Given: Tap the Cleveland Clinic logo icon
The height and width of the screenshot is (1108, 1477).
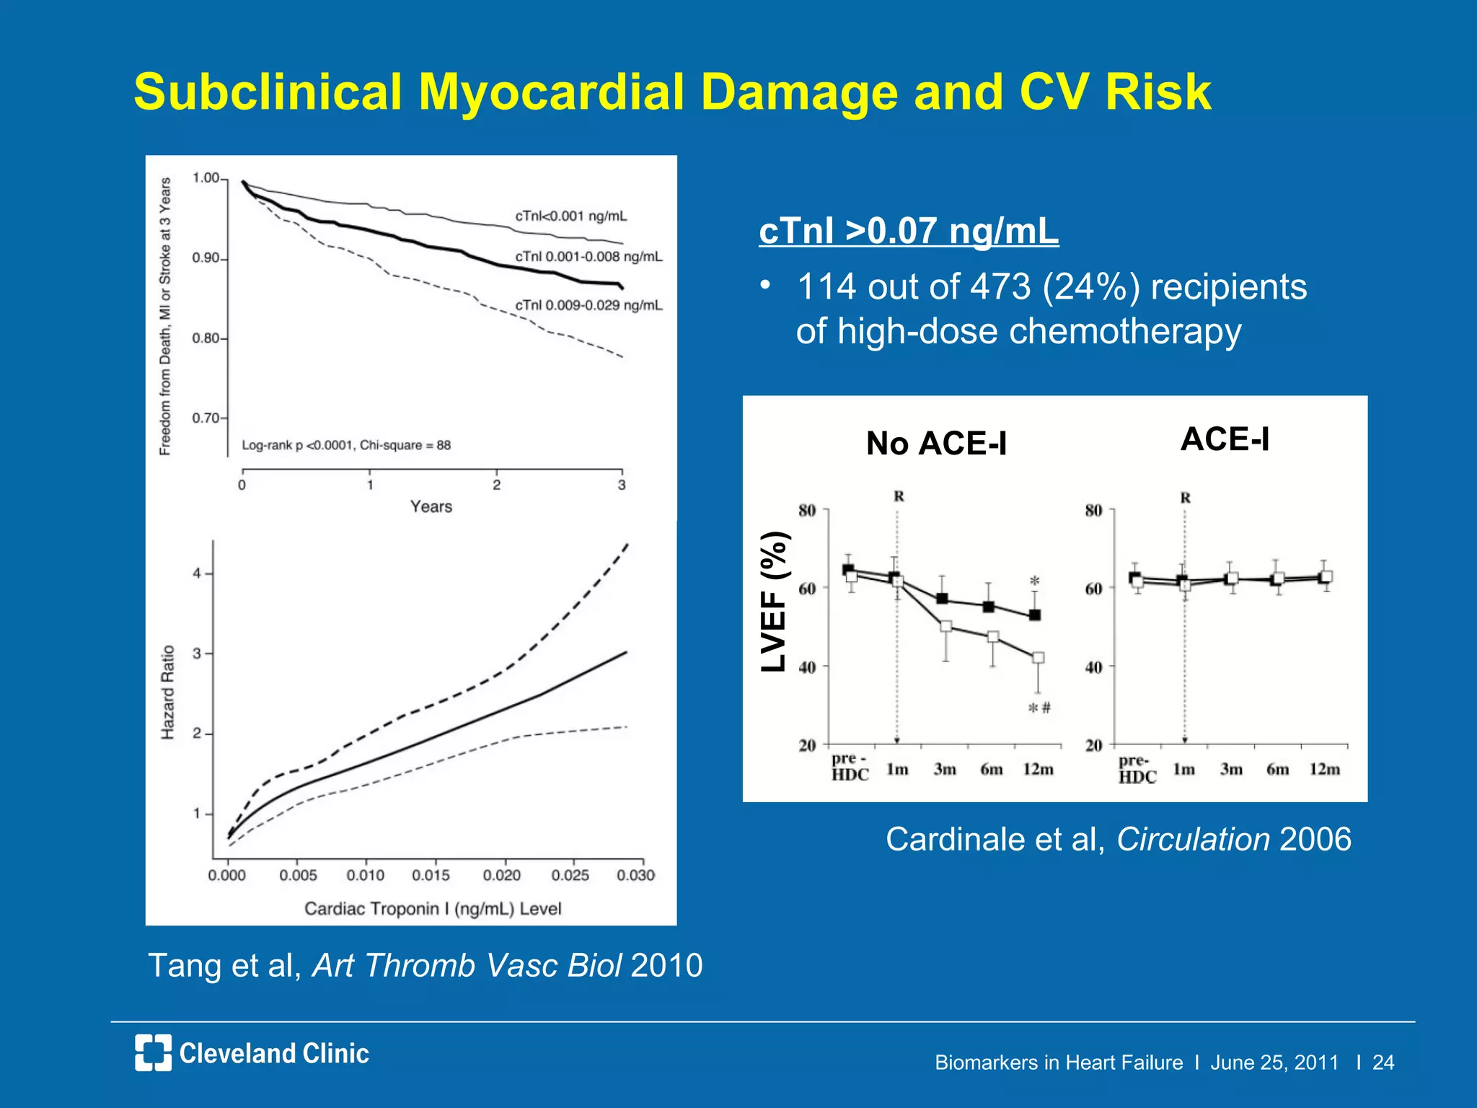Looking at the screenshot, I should coord(153,1052).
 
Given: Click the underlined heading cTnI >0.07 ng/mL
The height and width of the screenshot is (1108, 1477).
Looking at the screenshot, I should coord(909,231).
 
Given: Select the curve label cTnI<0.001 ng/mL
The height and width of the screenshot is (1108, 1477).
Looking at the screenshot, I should coord(570,216).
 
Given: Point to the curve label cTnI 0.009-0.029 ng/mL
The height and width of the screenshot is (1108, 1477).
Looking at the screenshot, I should coord(588,305).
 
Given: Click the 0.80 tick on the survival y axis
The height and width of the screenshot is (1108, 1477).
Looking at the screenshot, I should coord(206,338).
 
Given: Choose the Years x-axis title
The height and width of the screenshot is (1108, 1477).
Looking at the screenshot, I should coord(431,506).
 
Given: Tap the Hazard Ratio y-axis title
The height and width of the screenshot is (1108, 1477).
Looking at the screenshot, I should coord(167,692).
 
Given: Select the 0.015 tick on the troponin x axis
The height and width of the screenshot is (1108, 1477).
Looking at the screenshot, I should coord(431,875).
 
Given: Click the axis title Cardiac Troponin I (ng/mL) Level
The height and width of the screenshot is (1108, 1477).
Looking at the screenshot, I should coord(433,908).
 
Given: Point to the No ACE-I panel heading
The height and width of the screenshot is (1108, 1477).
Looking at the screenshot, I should coord(936,443).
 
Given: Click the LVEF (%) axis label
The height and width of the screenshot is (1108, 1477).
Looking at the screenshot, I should coord(775,602).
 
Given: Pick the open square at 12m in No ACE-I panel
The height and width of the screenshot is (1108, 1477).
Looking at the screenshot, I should coord(1038,657).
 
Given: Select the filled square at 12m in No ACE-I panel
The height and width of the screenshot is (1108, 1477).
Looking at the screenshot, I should coord(1034,615).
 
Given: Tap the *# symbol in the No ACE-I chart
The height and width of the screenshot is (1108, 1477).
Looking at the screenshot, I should coord(1039,708).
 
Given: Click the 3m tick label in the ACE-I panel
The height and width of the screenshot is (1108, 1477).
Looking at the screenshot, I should coord(1231,770).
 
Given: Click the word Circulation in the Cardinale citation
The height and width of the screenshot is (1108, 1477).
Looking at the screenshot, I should coord(1193,839).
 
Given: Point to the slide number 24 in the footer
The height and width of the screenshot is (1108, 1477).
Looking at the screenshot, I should coord(1383,1062).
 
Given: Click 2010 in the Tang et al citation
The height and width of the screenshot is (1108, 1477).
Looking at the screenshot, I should coord(666,965).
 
